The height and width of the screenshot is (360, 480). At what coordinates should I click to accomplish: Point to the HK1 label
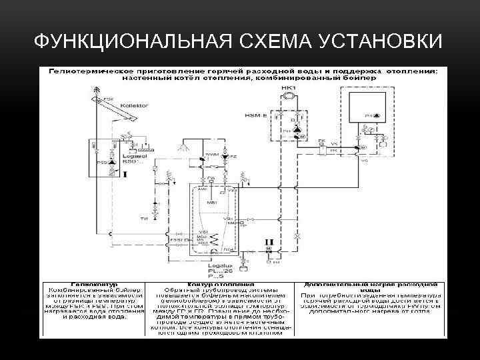pyautogui.click(x=288, y=88)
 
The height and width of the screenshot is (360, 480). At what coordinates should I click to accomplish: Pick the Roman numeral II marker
pyautogui.click(x=269, y=241)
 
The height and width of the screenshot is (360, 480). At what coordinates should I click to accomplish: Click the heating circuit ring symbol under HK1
pyautogui.click(x=288, y=97)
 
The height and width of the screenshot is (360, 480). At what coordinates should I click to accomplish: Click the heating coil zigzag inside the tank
pyautogui.click(x=214, y=237)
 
